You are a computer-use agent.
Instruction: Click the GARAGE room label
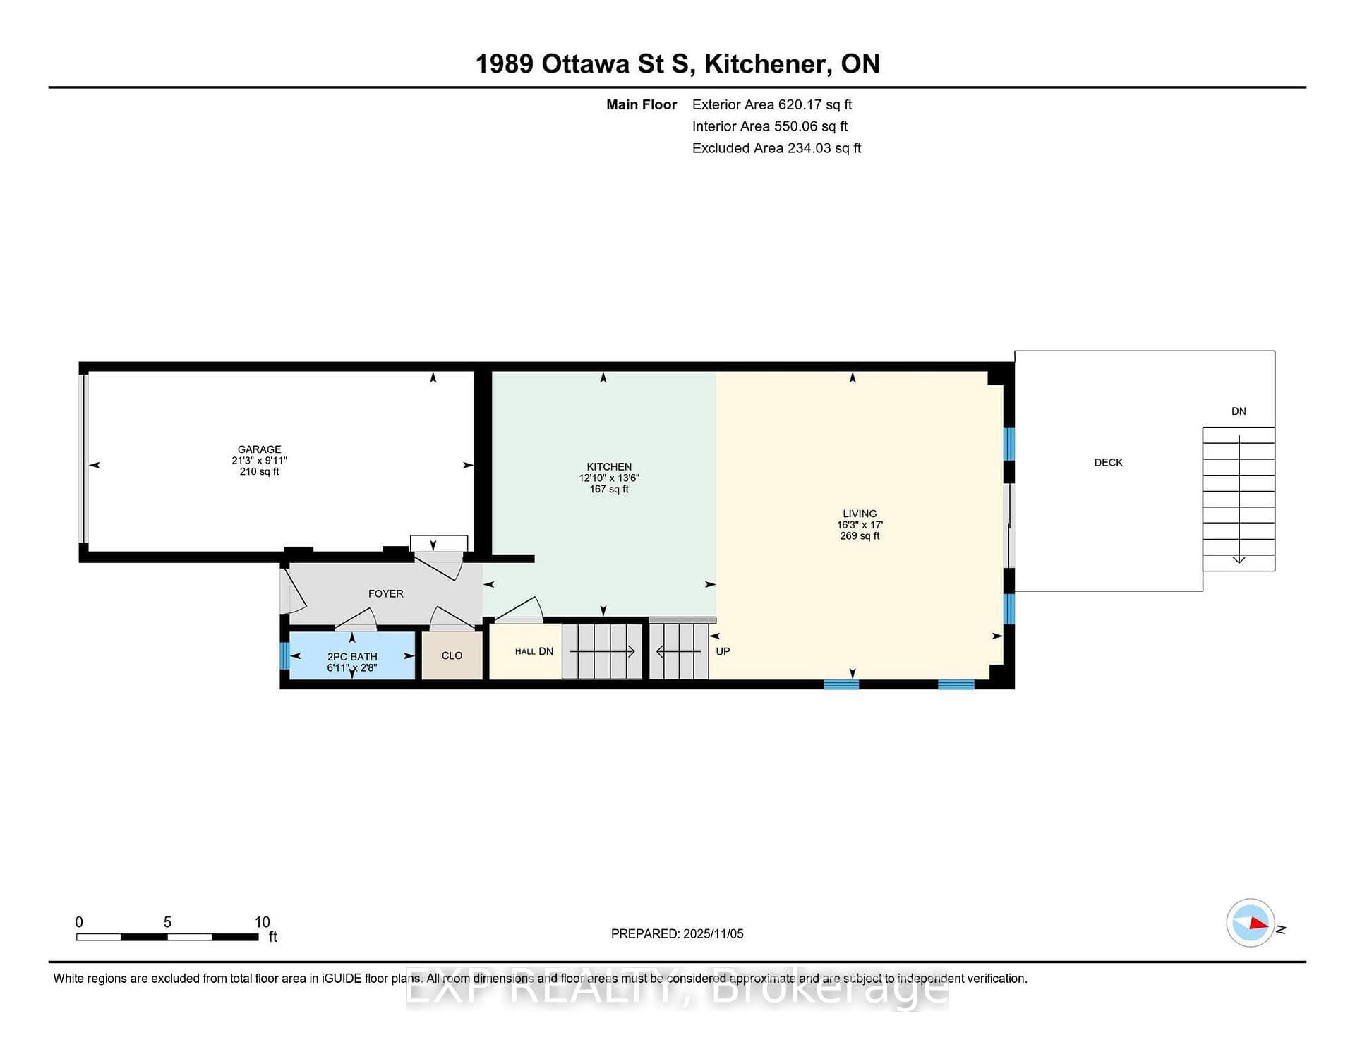pos(259,449)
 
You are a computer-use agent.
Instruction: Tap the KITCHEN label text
pos(609,467)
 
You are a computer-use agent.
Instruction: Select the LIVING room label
pos(860,514)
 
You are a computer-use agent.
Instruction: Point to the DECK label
pos(1108,463)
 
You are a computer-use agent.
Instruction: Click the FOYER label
pos(386,594)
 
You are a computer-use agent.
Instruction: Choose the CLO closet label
pos(452,655)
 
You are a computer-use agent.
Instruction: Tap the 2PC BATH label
pos(352,657)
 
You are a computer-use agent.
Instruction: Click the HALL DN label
pos(534,651)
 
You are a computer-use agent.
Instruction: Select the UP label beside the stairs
pos(723,651)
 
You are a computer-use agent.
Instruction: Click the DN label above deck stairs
pos(1239,411)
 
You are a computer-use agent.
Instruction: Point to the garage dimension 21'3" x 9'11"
pos(259,461)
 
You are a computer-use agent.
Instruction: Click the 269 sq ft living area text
pos(860,536)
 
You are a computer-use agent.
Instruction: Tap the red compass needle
pos(1258,923)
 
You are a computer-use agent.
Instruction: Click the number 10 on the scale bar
pos(262,922)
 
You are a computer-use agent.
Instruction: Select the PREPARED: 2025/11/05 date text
pos(677,934)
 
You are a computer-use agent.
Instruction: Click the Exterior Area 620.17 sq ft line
pos(772,104)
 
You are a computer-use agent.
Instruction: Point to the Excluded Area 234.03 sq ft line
pos(776,148)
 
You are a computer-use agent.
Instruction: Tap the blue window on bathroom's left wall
pos(284,655)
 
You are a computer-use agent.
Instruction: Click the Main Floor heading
pos(642,104)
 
